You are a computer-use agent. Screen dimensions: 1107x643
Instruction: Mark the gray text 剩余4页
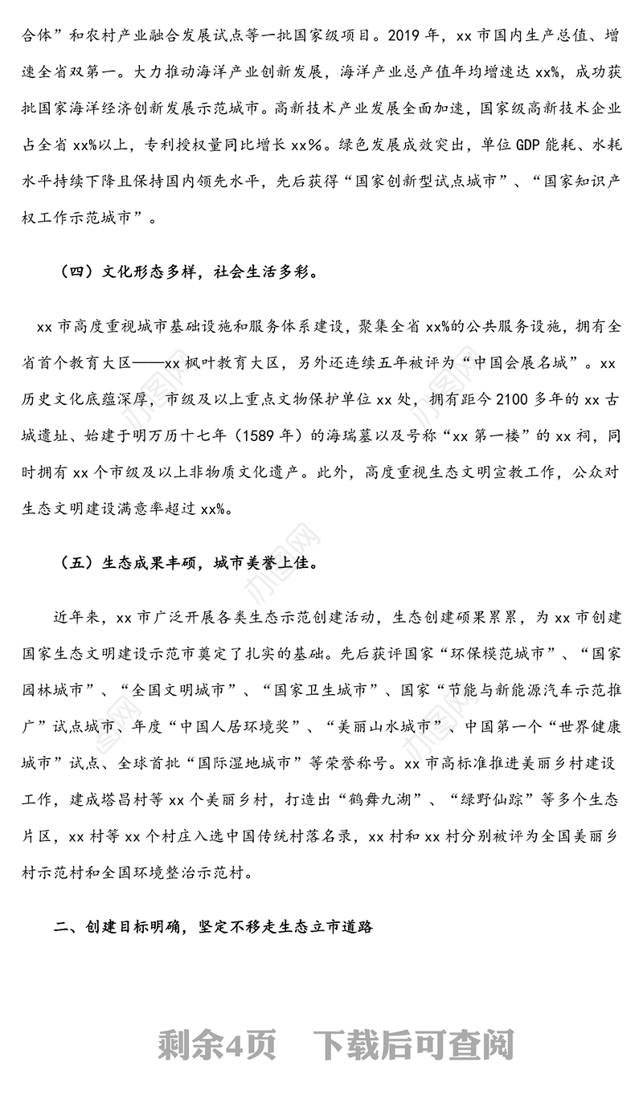[x=218, y=1044]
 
